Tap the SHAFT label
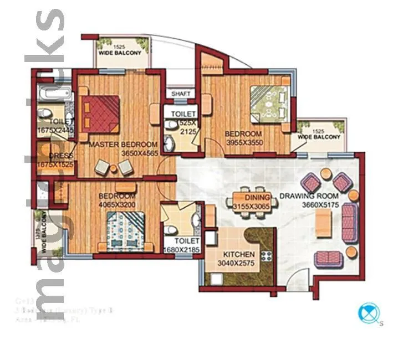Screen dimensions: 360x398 [181, 94]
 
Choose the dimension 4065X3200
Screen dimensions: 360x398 [117, 205]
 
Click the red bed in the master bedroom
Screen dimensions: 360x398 [100, 113]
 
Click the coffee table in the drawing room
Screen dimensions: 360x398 [324, 222]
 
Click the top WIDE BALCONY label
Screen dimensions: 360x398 [124, 53]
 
